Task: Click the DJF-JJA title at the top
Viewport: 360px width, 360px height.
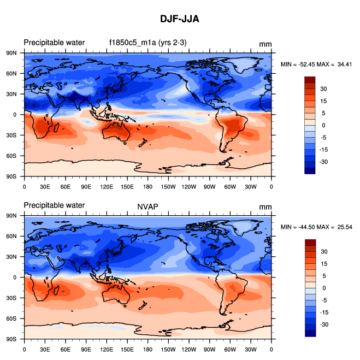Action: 180,19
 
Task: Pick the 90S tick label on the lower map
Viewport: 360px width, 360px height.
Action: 11,339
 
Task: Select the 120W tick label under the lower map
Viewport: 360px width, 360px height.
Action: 189,349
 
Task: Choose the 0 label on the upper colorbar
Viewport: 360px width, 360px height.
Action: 323,125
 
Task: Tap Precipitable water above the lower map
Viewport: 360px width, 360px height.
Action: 54,205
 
